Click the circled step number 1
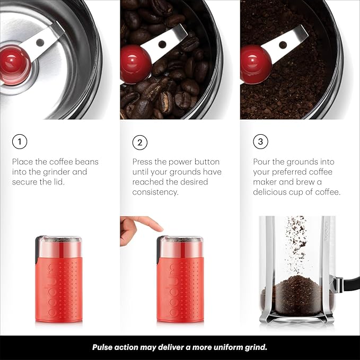click(19, 142)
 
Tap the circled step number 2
click(140, 142)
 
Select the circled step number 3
click(260, 142)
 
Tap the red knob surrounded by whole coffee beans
click(135, 63)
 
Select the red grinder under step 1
click(58, 286)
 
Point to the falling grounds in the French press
click(295, 239)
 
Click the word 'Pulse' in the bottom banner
click(104, 348)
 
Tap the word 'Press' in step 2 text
click(144, 162)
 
